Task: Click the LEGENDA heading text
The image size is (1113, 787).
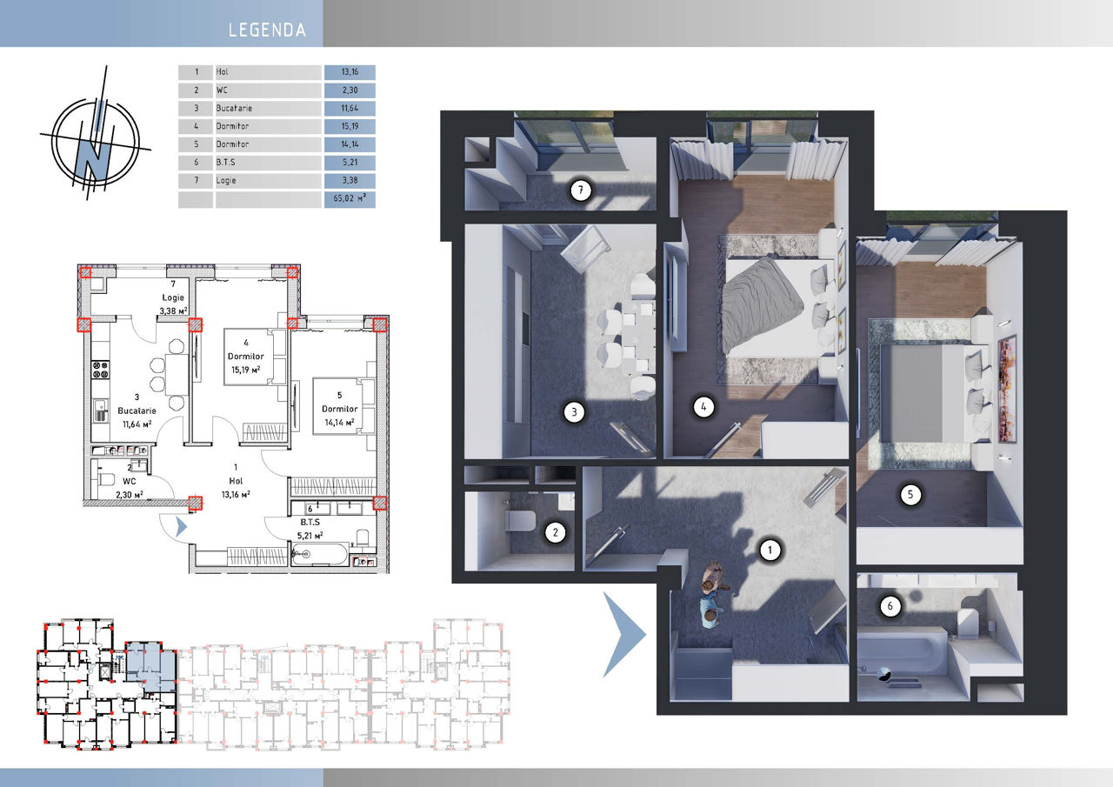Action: (267, 30)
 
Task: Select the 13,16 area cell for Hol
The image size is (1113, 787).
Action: (350, 72)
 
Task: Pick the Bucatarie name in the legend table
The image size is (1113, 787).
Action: (234, 109)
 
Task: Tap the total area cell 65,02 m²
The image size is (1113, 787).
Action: (350, 198)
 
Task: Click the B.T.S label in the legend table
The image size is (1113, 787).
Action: (225, 163)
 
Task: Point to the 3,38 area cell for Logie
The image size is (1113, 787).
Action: (350, 180)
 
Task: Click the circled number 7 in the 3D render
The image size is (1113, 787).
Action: (580, 190)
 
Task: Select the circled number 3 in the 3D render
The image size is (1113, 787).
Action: (574, 412)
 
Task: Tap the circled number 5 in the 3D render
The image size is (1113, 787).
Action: (910, 494)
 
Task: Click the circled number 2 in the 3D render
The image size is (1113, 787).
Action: (555, 532)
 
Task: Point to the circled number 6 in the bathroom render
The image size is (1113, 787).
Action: (890, 606)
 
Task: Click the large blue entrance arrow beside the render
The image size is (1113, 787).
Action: (624, 635)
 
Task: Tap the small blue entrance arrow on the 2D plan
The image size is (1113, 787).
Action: (181, 527)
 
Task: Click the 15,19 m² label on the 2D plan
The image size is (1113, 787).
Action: (245, 370)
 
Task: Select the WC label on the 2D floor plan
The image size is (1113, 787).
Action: (130, 481)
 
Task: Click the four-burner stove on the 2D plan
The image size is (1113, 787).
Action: (100, 370)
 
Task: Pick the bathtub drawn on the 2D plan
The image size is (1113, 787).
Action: (320, 555)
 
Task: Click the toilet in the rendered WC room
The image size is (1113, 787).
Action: (520, 521)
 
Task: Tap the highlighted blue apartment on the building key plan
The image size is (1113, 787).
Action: (150, 666)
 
